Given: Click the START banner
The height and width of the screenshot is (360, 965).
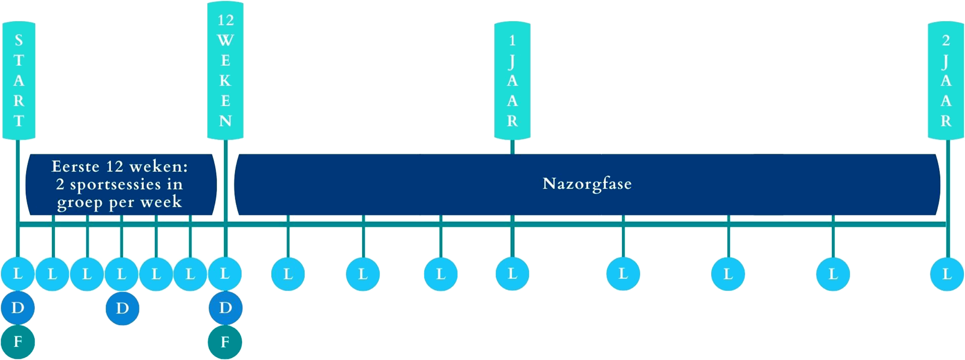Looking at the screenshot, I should [x=19, y=80].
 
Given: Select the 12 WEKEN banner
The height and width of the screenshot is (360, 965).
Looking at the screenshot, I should [x=225, y=71].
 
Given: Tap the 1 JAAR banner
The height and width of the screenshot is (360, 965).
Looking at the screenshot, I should [x=512, y=80].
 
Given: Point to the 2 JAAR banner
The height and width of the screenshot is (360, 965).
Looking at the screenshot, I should [x=946, y=80].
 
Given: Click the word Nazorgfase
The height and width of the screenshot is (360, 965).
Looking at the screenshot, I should [x=587, y=184].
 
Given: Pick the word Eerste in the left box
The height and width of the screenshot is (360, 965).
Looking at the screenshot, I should [x=75, y=167].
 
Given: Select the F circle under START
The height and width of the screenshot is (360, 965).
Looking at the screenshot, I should [x=18, y=342].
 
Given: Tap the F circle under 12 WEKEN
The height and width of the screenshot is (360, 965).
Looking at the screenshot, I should [x=225, y=342].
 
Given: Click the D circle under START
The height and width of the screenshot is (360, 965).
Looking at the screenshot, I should [x=18, y=308].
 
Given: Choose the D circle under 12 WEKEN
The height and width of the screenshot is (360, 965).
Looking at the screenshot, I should [x=225, y=308].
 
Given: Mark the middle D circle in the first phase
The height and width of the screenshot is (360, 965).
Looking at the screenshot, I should [x=122, y=308].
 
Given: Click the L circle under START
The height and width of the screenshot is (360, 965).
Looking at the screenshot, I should [x=18, y=274].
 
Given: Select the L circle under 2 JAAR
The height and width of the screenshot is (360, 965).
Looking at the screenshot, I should [x=947, y=274].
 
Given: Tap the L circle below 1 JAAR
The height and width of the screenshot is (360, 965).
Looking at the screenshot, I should [x=512, y=274].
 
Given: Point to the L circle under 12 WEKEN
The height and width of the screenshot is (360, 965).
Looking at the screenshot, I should [x=225, y=274].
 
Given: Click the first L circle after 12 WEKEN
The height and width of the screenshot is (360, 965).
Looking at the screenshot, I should [x=288, y=274].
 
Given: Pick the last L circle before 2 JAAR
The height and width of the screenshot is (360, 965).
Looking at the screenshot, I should [x=833, y=274].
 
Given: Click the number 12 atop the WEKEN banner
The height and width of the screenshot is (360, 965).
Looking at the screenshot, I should [x=225, y=20].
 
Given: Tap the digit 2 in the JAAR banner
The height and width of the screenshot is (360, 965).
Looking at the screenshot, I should [x=946, y=40].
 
